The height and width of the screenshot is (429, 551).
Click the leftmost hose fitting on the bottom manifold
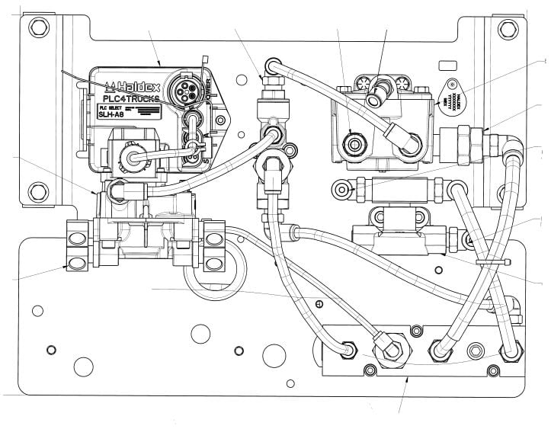tap(348, 350)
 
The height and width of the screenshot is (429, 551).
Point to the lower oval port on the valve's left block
tap(76, 264)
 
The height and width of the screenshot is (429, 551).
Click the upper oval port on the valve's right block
tap(214, 229)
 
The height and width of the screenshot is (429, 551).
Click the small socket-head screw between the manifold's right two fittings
tap(476, 351)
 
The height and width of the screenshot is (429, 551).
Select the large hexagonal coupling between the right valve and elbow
tap(461, 142)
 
